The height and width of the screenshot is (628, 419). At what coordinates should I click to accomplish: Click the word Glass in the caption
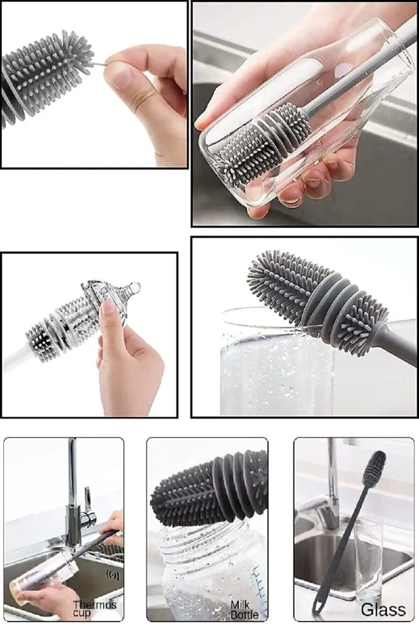click(x=383, y=610)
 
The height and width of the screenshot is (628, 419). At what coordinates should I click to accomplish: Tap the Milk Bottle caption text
click(x=244, y=610)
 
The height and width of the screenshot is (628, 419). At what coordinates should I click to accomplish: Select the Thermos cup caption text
click(x=95, y=609)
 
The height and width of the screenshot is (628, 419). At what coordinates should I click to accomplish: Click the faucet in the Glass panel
click(x=331, y=494)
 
